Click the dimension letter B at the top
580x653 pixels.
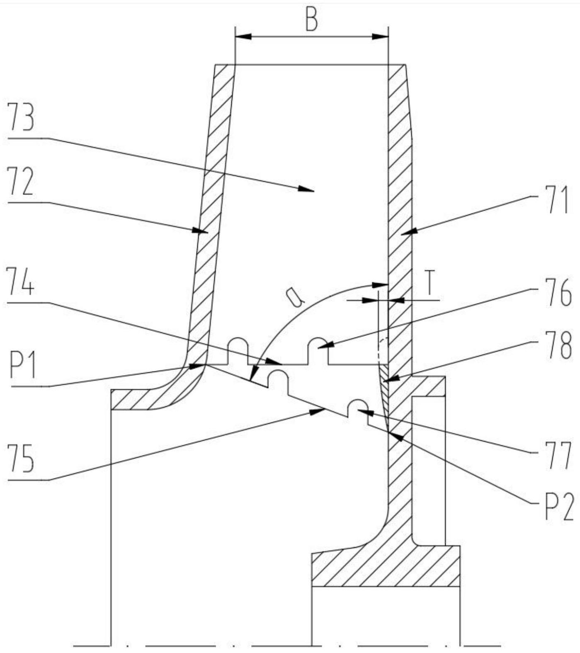click(312, 20)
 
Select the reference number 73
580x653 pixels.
click(22, 117)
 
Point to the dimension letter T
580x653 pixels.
click(430, 283)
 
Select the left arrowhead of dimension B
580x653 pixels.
click(243, 37)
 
